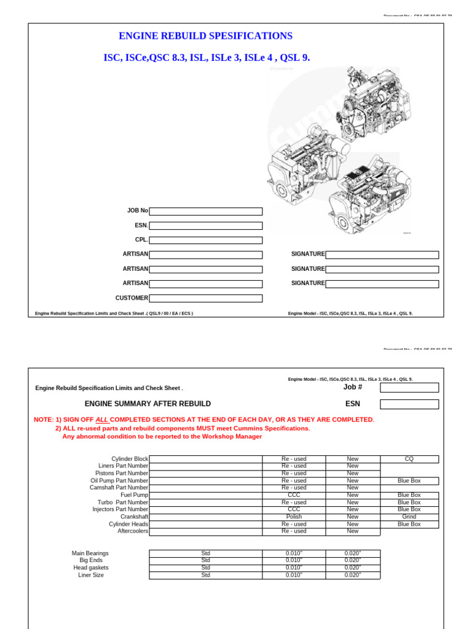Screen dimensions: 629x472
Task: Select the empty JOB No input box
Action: pyautogui.click(x=205, y=211)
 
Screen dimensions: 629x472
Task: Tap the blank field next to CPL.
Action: pyautogui.click(x=205, y=240)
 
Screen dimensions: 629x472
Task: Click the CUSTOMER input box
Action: pyautogui.click(x=205, y=299)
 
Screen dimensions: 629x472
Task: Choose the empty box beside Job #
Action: pyautogui.click(x=409, y=388)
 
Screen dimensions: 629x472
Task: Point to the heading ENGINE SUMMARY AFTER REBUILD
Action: pyautogui.click(x=147, y=404)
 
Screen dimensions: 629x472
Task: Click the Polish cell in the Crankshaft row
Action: pyautogui.click(x=294, y=517)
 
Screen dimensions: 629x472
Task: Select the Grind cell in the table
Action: pyautogui.click(x=409, y=517)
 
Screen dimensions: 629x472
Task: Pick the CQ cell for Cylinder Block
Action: pyautogui.click(x=409, y=459)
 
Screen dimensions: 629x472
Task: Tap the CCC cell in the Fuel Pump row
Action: pyautogui.click(x=294, y=495)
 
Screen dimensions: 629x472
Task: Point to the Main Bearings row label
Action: pyautogui.click(x=90, y=553)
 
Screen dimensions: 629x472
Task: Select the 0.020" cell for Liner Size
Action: pyautogui.click(x=352, y=575)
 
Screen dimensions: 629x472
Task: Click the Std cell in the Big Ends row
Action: pyautogui.click(x=205, y=560)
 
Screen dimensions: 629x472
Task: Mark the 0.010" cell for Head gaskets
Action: pyautogui.click(x=294, y=568)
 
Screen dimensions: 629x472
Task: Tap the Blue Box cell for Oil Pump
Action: pyautogui.click(x=409, y=480)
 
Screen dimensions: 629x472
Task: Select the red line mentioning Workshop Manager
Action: pyautogui.click(x=162, y=437)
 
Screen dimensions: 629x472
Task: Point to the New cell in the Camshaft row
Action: pyautogui.click(x=352, y=488)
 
